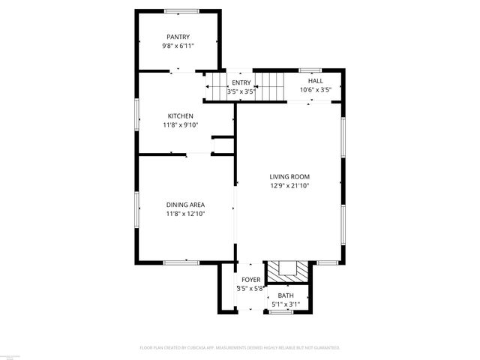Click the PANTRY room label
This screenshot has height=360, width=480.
pyautogui.click(x=178, y=37)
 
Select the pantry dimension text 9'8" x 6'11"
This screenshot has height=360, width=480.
pyautogui.click(x=178, y=46)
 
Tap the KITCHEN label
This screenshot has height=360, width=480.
pyautogui.click(x=180, y=115)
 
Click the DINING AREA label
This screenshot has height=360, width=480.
pyautogui.click(x=185, y=205)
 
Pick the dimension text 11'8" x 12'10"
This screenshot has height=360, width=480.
pyautogui.click(x=185, y=214)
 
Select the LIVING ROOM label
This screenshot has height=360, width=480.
pyautogui.click(x=289, y=177)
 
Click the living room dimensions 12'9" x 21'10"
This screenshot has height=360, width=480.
pyautogui.click(x=289, y=186)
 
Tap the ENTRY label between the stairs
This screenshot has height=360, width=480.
pyautogui.click(x=241, y=82)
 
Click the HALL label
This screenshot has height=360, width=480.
pyautogui.click(x=316, y=81)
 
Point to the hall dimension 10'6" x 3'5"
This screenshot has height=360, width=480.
pyautogui.click(x=316, y=90)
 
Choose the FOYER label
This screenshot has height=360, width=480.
pyautogui.click(x=250, y=280)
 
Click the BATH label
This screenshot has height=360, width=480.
pyautogui.click(x=286, y=295)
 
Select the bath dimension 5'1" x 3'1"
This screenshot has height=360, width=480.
pyautogui.click(x=286, y=304)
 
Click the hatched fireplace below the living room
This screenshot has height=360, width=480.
pyautogui.click(x=288, y=270)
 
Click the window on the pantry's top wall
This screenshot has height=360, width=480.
pyautogui.click(x=181, y=10)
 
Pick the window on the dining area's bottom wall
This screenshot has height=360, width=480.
pyautogui.click(x=180, y=262)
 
